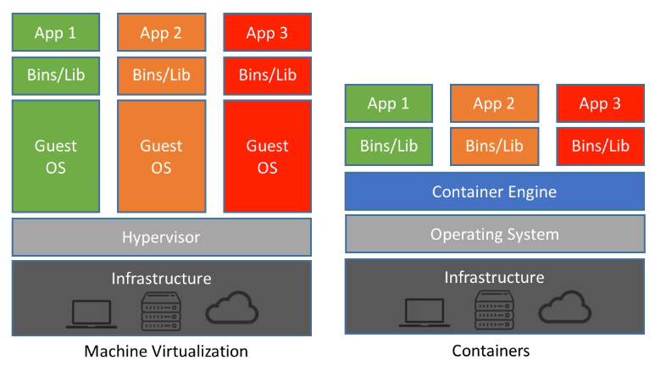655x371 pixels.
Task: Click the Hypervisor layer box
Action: [161, 237]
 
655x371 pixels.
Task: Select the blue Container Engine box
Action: [494, 191]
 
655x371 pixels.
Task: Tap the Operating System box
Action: [494, 234]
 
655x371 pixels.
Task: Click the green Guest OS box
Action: [56, 156]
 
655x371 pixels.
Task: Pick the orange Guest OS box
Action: [161, 156]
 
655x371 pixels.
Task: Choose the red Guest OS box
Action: [267, 156]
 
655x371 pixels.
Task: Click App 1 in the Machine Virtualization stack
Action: [56, 33]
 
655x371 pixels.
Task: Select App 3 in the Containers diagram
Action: [600, 103]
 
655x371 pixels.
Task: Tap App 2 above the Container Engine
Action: [493, 103]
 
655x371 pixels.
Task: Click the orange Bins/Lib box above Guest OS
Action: [161, 75]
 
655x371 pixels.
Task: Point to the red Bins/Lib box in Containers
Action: [600, 146]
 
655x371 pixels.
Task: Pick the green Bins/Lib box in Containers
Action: [388, 146]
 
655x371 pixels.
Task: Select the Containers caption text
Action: [494, 351]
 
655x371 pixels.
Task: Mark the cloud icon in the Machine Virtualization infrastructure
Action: [232, 309]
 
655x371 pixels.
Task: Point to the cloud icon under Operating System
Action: [565, 309]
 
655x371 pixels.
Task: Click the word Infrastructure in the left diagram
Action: [161, 278]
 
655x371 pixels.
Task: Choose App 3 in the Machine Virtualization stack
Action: [267, 33]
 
